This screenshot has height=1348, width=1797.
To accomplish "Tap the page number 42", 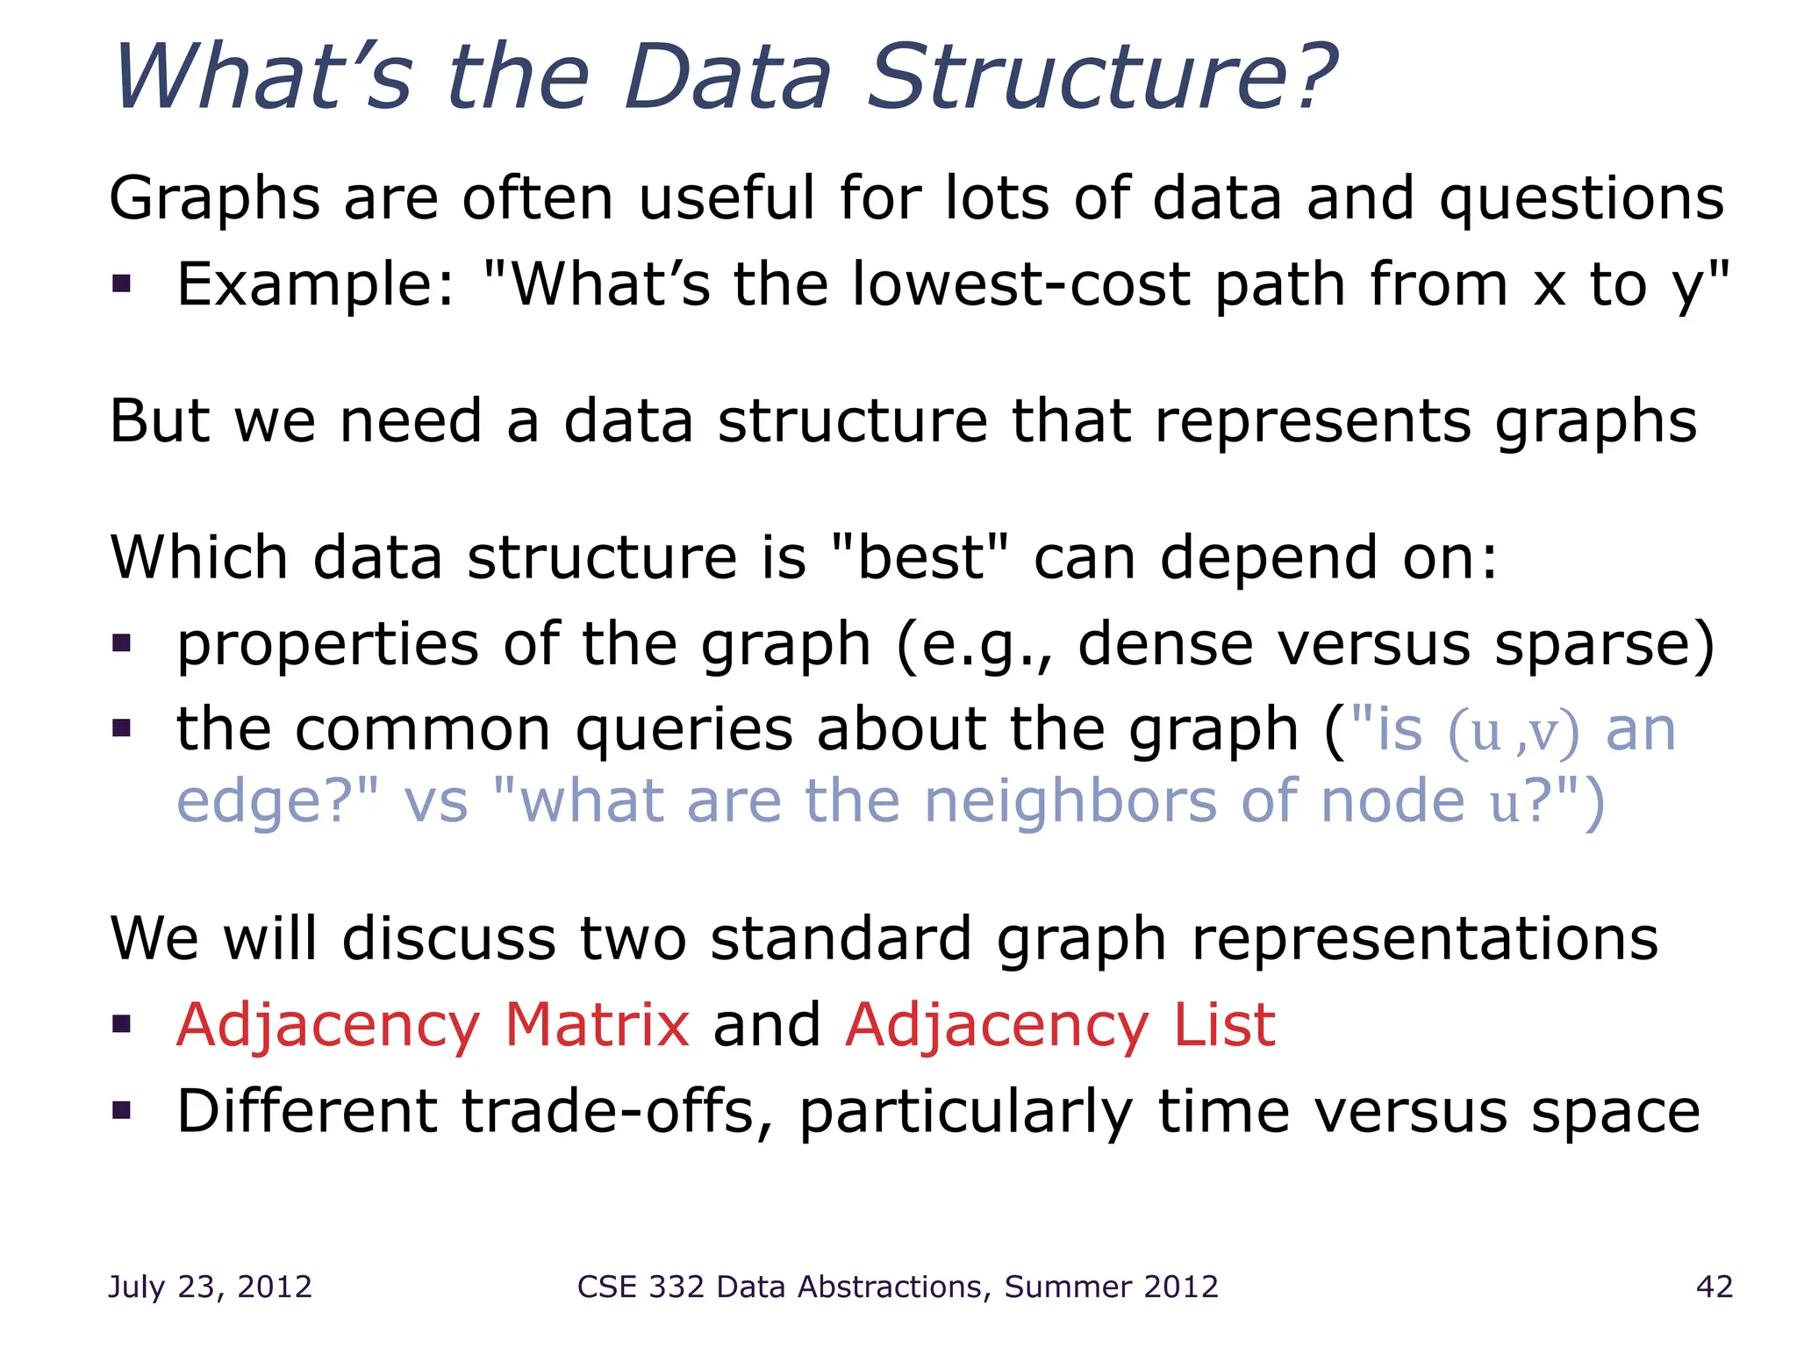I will point(1714,1287).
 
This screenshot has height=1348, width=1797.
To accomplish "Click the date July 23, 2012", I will point(210,1287).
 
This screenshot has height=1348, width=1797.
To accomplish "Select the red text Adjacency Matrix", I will point(433,1025).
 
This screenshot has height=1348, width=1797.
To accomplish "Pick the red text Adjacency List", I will point(1059,1025).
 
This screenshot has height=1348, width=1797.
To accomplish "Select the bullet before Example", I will point(121,284).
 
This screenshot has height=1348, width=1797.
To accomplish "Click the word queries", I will point(684,731).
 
